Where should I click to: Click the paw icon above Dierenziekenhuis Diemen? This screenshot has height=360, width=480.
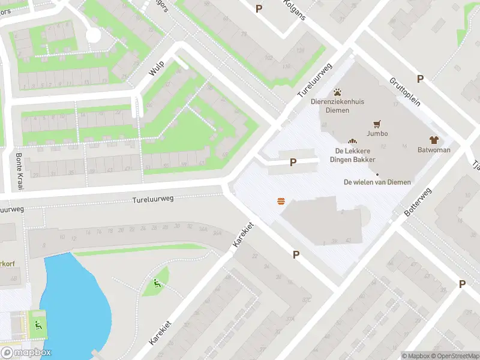pyautogui.click(x=338, y=92)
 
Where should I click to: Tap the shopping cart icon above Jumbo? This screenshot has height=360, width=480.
pyautogui.click(x=377, y=124)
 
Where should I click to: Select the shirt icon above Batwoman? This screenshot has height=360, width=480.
pyautogui.click(x=434, y=139)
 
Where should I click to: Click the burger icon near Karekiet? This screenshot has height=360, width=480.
pyautogui.click(x=281, y=202)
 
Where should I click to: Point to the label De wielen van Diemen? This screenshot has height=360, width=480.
pyautogui.click(x=377, y=182)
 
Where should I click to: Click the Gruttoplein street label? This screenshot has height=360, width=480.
pyautogui.click(x=404, y=91)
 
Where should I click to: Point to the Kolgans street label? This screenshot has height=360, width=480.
pyautogui.click(x=295, y=9)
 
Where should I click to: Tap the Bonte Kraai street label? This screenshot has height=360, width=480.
pyautogui.click(x=19, y=172)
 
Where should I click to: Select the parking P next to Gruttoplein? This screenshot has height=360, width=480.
pyautogui.click(x=420, y=79)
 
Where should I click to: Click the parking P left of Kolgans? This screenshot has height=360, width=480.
pyautogui.click(x=259, y=8)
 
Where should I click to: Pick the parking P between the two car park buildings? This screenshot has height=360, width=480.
pyautogui.click(x=293, y=162)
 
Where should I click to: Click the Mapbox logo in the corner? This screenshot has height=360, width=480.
pyautogui.click(x=26, y=353)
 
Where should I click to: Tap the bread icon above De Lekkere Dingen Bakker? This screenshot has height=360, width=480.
pyautogui.click(x=352, y=140)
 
